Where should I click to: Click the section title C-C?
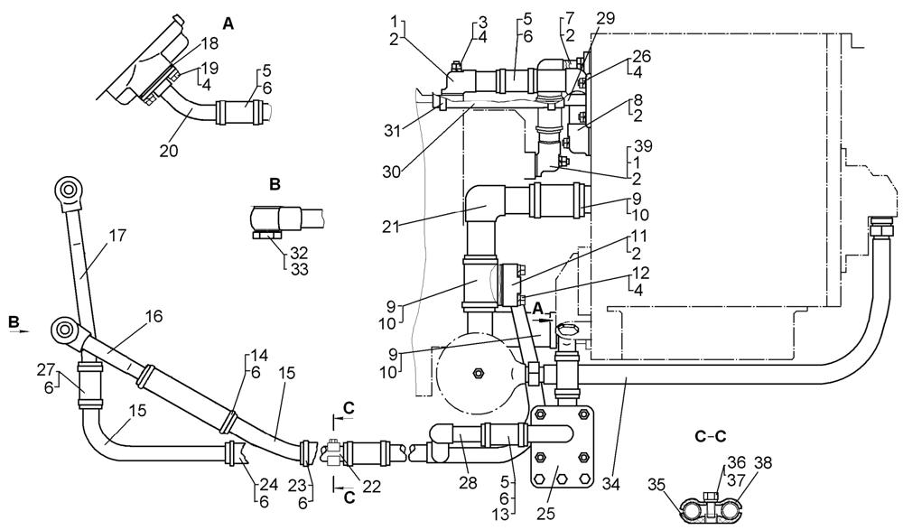710,437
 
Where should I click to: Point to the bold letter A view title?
228,25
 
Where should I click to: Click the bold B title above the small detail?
275,184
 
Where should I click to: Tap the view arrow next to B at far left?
19,331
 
